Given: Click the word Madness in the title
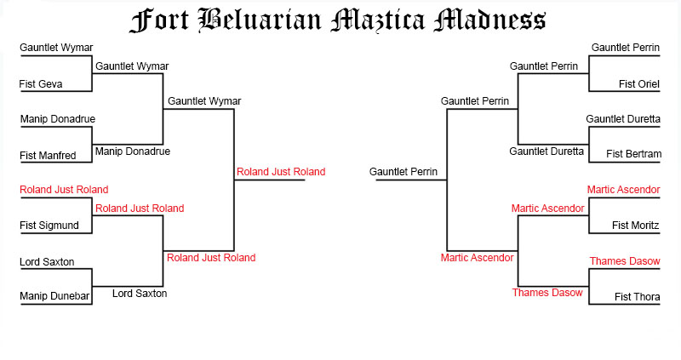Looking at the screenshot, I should click(489, 20).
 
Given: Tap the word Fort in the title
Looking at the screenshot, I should click(160, 20).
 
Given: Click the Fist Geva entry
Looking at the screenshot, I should click(40, 83).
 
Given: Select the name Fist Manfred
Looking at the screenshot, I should click(49, 155).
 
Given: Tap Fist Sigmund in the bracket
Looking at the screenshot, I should click(49, 226).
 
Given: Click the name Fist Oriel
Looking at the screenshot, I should click(638, 83).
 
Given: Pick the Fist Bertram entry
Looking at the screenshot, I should click(633, 154).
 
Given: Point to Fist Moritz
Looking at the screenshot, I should click(636, 226).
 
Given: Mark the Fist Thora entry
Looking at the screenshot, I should click(637, 297).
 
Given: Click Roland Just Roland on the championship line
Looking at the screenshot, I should click(281, 172).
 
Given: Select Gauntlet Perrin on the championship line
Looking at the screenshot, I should click(403, 172).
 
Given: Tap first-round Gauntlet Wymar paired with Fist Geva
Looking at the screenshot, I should click(56, 48).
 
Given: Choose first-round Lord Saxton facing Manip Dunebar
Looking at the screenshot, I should click(47, 261).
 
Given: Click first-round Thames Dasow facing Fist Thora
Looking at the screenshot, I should click(624, 261).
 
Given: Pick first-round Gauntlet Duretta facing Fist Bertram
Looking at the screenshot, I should click(623, 119).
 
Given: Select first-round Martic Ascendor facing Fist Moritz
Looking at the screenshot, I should click(623, 190).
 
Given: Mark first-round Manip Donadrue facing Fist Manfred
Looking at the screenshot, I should click(57, 119).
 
